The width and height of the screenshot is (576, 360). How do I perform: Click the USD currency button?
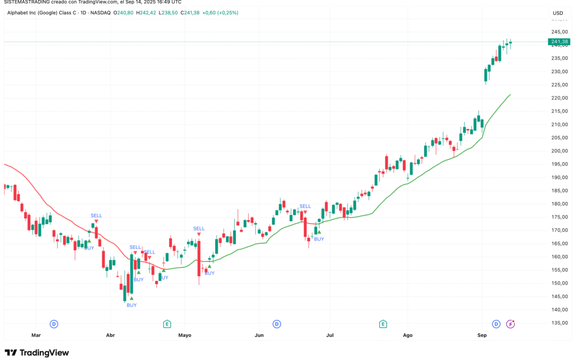[558, 13]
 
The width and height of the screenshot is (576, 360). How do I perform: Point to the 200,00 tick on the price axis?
[559, 151]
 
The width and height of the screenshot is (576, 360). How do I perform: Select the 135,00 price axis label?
[559, 323]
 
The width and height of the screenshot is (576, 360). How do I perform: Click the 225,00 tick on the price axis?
[559, 85]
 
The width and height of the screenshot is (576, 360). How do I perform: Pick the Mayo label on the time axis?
[185, 335]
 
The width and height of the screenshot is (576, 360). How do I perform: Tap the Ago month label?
[408, 335]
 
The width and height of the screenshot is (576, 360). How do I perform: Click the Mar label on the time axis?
[36, 335]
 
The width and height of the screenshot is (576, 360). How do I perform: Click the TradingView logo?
[37, 353]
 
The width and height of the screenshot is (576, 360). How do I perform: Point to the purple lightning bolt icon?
[510, 324]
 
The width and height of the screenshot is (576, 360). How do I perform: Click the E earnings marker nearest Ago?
[383, 324]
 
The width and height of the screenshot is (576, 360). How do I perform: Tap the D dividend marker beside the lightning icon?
[496, 324]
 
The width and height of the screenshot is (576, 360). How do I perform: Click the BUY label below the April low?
[131, 305]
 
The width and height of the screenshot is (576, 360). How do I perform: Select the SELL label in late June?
[305, 206]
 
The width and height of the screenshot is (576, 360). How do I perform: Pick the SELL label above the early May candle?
[199, 228]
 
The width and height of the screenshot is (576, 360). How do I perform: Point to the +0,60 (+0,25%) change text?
[220, 12]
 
